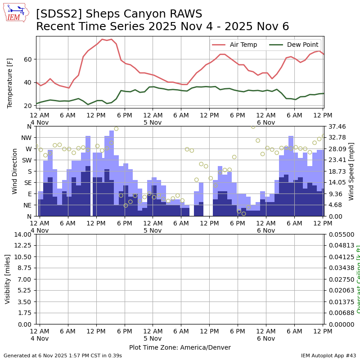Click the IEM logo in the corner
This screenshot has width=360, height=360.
click(16, 13)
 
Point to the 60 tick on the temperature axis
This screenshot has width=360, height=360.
click(28, 59)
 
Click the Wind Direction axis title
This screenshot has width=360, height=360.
click(15, 171)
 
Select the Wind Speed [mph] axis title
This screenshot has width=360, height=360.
click(351, 171)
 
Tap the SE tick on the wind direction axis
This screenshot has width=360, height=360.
click(28, 183)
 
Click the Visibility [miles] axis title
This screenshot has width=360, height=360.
click(8, 279)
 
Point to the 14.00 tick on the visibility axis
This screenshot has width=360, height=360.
click(22, 234)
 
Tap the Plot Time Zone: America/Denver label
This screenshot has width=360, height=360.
click(180, 347)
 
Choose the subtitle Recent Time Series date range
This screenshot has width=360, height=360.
click(162, 27)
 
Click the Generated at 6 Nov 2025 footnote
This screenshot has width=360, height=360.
click(63, 355)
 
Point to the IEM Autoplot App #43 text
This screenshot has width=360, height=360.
click(328, 355)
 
